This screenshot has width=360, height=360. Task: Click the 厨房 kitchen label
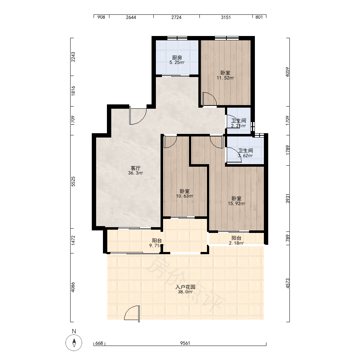[177, 58]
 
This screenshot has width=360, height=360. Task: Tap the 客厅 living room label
[135, 168]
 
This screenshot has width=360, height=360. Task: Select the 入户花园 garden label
[185, 287]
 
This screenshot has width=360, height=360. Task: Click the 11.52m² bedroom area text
[225, 78]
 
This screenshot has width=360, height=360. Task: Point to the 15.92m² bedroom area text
[237, 203]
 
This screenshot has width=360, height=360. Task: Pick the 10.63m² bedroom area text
[185, 196]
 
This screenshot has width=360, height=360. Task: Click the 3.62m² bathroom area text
[246, 156]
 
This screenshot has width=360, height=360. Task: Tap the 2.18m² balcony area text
[237, 243]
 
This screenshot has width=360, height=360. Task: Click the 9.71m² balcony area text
[157, 246]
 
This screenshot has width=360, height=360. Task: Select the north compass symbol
[74, 343]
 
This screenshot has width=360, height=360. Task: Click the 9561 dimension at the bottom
[185, 343]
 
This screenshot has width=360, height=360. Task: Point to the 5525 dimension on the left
[73, 181]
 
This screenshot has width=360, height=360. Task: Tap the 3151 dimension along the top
[226, 17]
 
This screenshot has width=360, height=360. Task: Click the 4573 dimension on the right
[288, 283]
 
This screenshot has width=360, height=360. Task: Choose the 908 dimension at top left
[101, 17]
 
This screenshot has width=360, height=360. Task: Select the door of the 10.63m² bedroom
[170, 141]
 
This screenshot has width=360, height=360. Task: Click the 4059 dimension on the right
[288, 72]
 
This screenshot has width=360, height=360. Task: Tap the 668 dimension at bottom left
[99, 343]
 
